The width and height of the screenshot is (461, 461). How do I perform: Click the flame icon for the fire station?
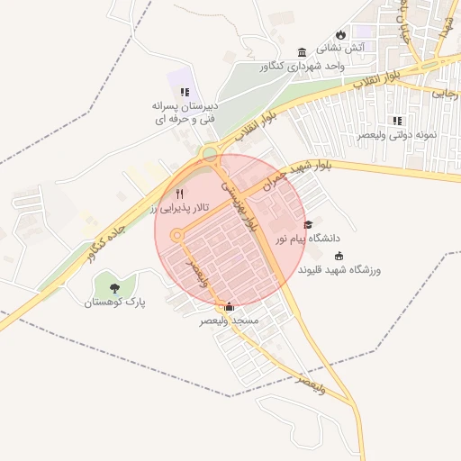[340, 34]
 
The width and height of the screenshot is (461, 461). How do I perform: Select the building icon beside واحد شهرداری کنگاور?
[301, 51]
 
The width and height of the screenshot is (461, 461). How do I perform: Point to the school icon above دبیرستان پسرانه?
[185, 92]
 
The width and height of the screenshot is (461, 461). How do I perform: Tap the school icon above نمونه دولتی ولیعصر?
[397, 120]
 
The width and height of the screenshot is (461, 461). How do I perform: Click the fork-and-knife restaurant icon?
[178, 194]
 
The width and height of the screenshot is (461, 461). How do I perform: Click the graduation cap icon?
[309, 224]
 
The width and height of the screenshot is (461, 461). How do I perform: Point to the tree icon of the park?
[114, 287]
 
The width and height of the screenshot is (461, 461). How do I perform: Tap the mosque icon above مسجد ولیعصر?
[229, 307]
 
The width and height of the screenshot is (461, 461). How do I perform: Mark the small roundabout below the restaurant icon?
[176, 235]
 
